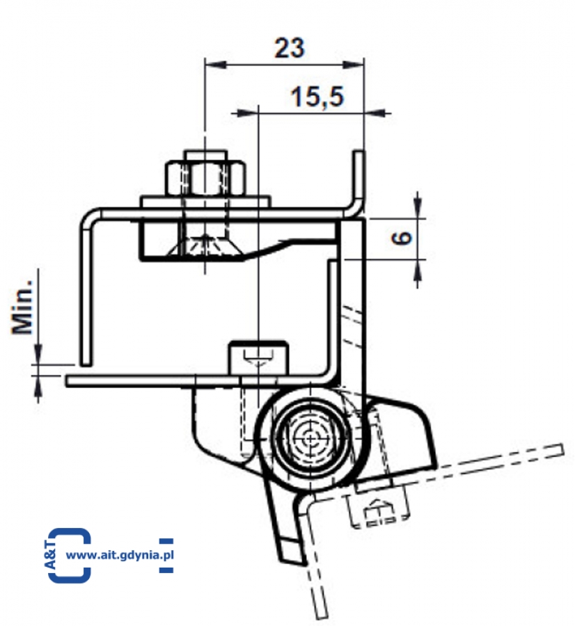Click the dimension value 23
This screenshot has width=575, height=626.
point(290,48)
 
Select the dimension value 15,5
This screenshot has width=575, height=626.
point(317,97)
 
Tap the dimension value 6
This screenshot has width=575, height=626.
point(402,238)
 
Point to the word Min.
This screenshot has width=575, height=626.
point(22,306)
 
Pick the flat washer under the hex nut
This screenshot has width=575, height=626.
point(205,202)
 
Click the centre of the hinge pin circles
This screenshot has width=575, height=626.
point(310,438)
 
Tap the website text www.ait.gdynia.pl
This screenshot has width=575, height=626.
point(120,554)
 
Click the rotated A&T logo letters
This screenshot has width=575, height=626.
point(51,554)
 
